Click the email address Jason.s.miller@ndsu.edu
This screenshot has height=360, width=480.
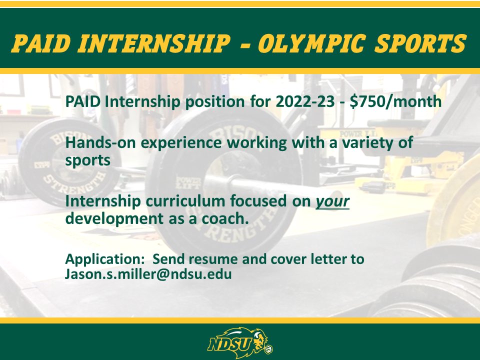148,274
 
